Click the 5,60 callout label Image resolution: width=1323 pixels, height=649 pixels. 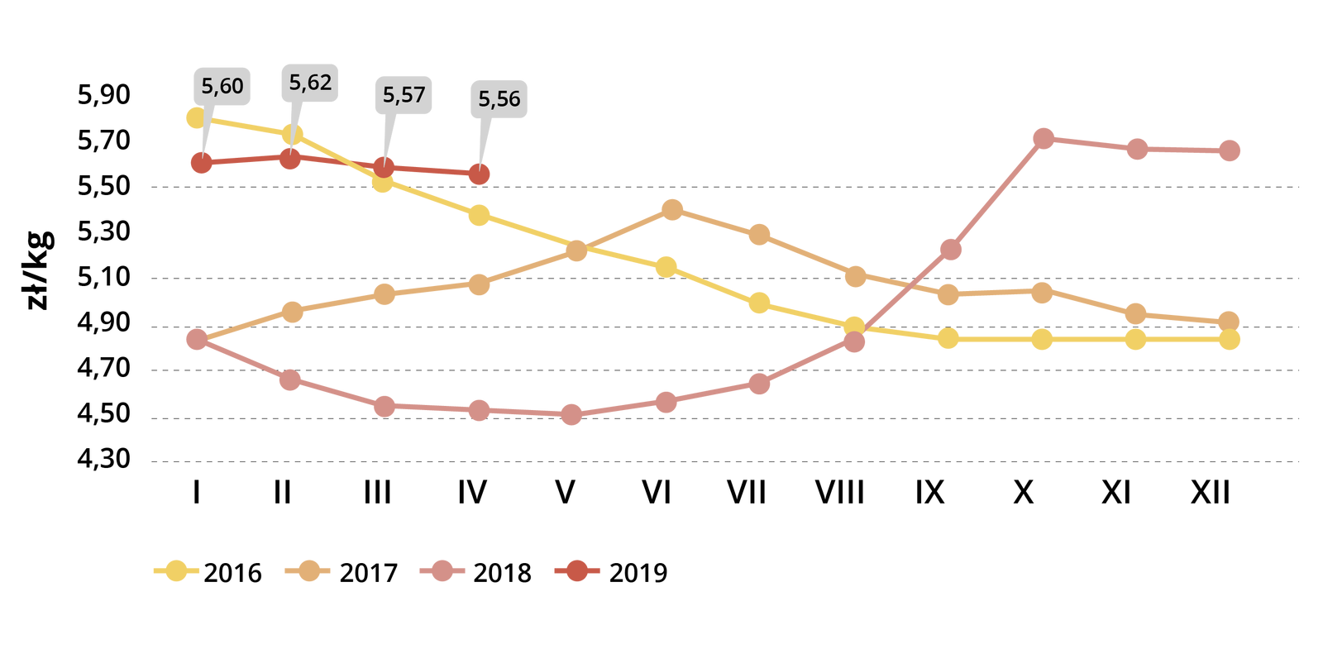pos(222,86)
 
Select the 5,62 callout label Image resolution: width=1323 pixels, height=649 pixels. pos(310,83)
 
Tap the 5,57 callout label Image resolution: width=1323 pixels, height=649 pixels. pos(404,95)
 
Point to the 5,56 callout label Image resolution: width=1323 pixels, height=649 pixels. pos(499,99)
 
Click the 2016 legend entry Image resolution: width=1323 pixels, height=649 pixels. pos(208,572)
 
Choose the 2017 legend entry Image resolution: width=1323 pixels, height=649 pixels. pos(342,572)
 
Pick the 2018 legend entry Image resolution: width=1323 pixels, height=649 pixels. pos(476,572)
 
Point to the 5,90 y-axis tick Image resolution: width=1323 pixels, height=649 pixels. pos(104,95)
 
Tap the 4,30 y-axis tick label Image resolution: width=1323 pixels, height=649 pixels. pos(104,458)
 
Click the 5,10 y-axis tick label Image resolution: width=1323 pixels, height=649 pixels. pos(104,277)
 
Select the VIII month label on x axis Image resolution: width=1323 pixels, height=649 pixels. pos(839,493)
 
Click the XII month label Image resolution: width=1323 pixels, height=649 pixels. pos(1211,493)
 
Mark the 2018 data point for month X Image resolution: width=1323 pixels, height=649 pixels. pos(1044,138)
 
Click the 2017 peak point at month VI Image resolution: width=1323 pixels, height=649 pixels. pos(672,210)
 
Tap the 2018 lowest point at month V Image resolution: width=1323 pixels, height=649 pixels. pos(571,414)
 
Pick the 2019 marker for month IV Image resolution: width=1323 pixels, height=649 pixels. pos(479,174)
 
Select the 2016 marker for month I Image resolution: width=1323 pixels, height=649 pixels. pos(197,117)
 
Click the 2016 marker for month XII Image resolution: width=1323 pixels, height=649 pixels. pos(1230,339)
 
